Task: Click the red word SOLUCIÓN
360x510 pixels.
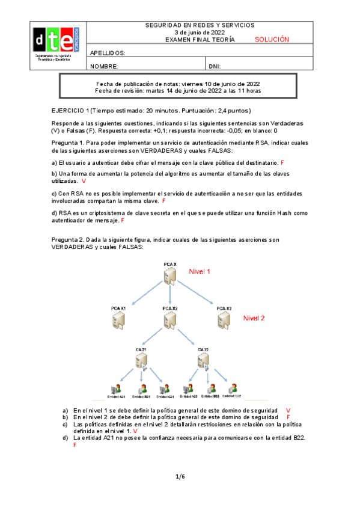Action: click(x=272, y=40)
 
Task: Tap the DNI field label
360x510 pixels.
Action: click(x=216, y=66)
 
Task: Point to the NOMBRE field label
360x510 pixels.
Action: click(x=103, y=66)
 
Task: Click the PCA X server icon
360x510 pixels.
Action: click(x=170, y=275)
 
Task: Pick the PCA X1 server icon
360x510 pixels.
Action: click(x=118, y=319)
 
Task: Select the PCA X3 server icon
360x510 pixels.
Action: click(x=224, y=319)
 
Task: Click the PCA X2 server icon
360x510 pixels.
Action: click(x=170, y=319)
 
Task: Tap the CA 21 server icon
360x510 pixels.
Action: click(x=142, y=361)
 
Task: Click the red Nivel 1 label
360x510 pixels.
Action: click(x=200, y=271)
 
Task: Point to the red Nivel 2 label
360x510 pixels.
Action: click(x=254, y=318)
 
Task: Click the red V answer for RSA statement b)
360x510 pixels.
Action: click(x=84, y=180)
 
